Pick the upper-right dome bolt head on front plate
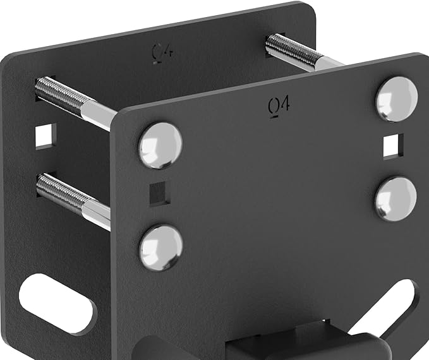coord(397,99)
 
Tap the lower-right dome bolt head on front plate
coord(396,198)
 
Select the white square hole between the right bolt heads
coord(394,145)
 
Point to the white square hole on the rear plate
coord(45,136)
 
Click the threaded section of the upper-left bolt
coord(60,95)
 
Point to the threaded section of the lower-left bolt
coord(59,191)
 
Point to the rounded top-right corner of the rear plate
coord(308,9)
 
